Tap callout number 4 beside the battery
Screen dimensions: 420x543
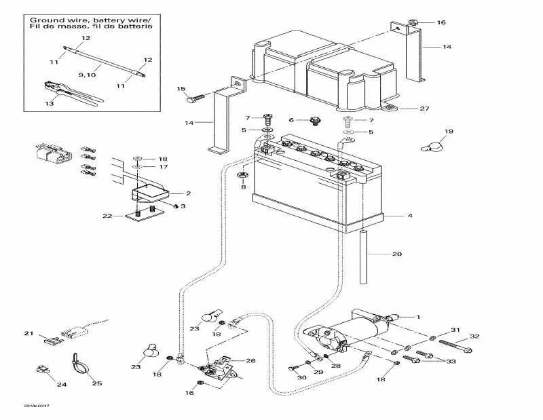[x=410, y=217]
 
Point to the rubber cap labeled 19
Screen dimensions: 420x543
[x=433, y=144]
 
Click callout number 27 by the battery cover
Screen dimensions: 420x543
[x=425, y=109]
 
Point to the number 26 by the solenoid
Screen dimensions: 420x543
[x=250, y=360]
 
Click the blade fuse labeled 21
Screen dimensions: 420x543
[x=50, y=338]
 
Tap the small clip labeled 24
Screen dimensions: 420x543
[x=41, y=370]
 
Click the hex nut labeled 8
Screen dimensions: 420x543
[x=242, y=177]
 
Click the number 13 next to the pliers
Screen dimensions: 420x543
[x=48, y=104]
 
